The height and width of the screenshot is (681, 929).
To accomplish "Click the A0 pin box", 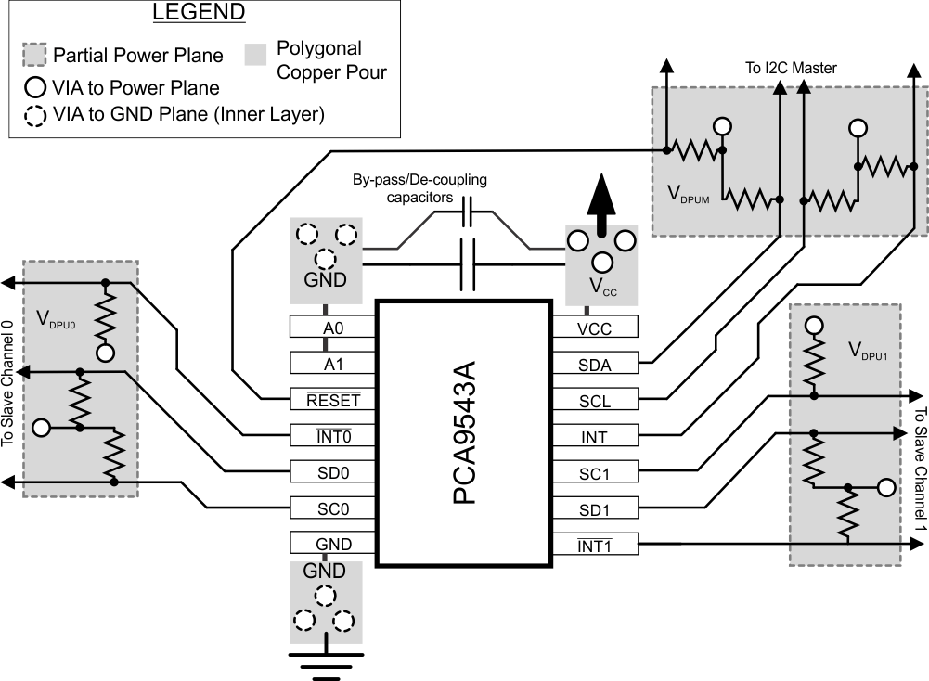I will pos(331,327).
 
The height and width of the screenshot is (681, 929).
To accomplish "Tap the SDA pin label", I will pos(595,363).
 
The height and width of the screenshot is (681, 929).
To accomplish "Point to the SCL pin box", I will pos(595,399).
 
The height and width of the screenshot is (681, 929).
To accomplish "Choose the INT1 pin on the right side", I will pos(595,545).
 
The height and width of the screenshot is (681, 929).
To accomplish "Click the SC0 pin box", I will pos(331,508).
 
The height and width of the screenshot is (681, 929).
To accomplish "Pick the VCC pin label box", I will pos(595,327).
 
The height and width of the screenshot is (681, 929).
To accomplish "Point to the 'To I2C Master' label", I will pos(791,68).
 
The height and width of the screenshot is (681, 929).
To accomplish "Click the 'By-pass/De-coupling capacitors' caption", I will pos(419,188).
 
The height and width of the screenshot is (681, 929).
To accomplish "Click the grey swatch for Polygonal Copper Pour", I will pos(257,55).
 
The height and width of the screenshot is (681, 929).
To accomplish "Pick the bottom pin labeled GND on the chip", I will pos(331,545).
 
